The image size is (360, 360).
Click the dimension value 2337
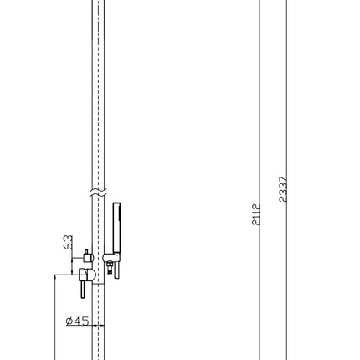coord(283,189)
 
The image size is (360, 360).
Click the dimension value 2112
coord(255,214)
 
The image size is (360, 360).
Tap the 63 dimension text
coord(69,242)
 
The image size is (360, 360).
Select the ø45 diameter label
coord(77,321)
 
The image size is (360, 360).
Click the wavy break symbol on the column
coord(98,193)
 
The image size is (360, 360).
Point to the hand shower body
coord(116,229)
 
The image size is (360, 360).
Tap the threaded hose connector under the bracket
coord(110,267)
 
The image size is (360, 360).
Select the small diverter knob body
coord(88,257)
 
